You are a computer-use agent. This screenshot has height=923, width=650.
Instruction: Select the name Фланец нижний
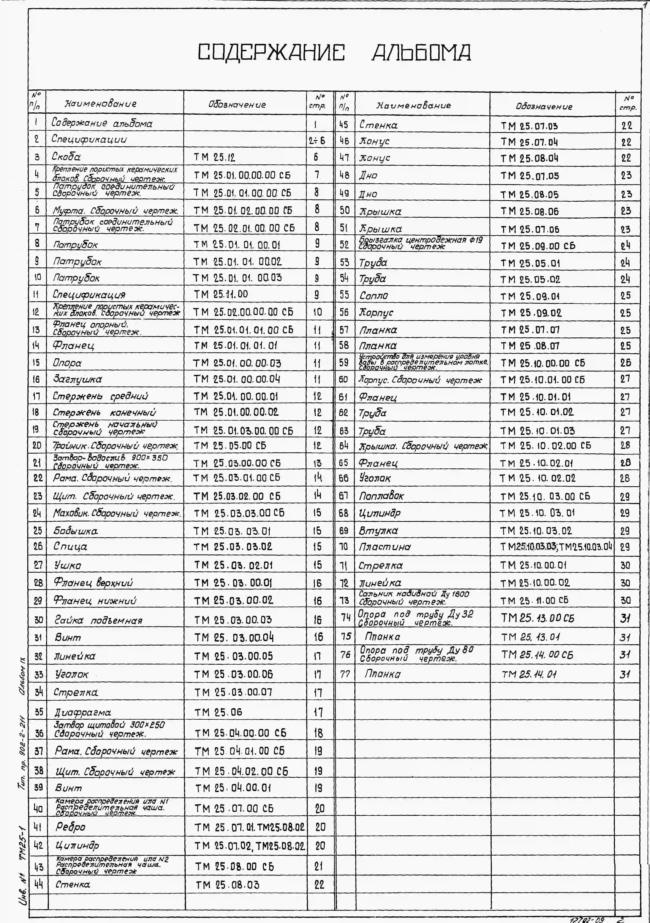pos(95,601)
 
